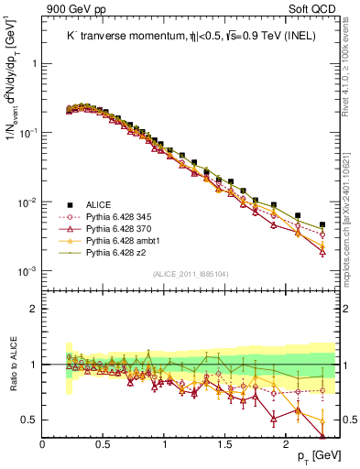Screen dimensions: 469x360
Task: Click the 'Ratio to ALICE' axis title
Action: [12, 365]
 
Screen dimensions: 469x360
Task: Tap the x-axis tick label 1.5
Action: [226, 443]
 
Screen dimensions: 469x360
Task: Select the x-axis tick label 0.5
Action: [104, 443]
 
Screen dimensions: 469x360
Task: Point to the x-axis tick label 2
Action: [288, 443]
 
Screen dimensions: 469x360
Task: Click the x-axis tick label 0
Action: [42, 443]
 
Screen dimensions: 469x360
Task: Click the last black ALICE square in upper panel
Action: [322, 224]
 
